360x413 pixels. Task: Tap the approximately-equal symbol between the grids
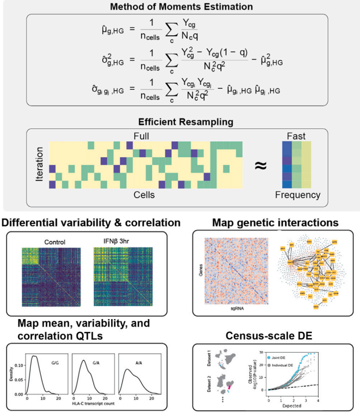click(x=261, y=165)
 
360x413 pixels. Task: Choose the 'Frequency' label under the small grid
click(x=297, y=195)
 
